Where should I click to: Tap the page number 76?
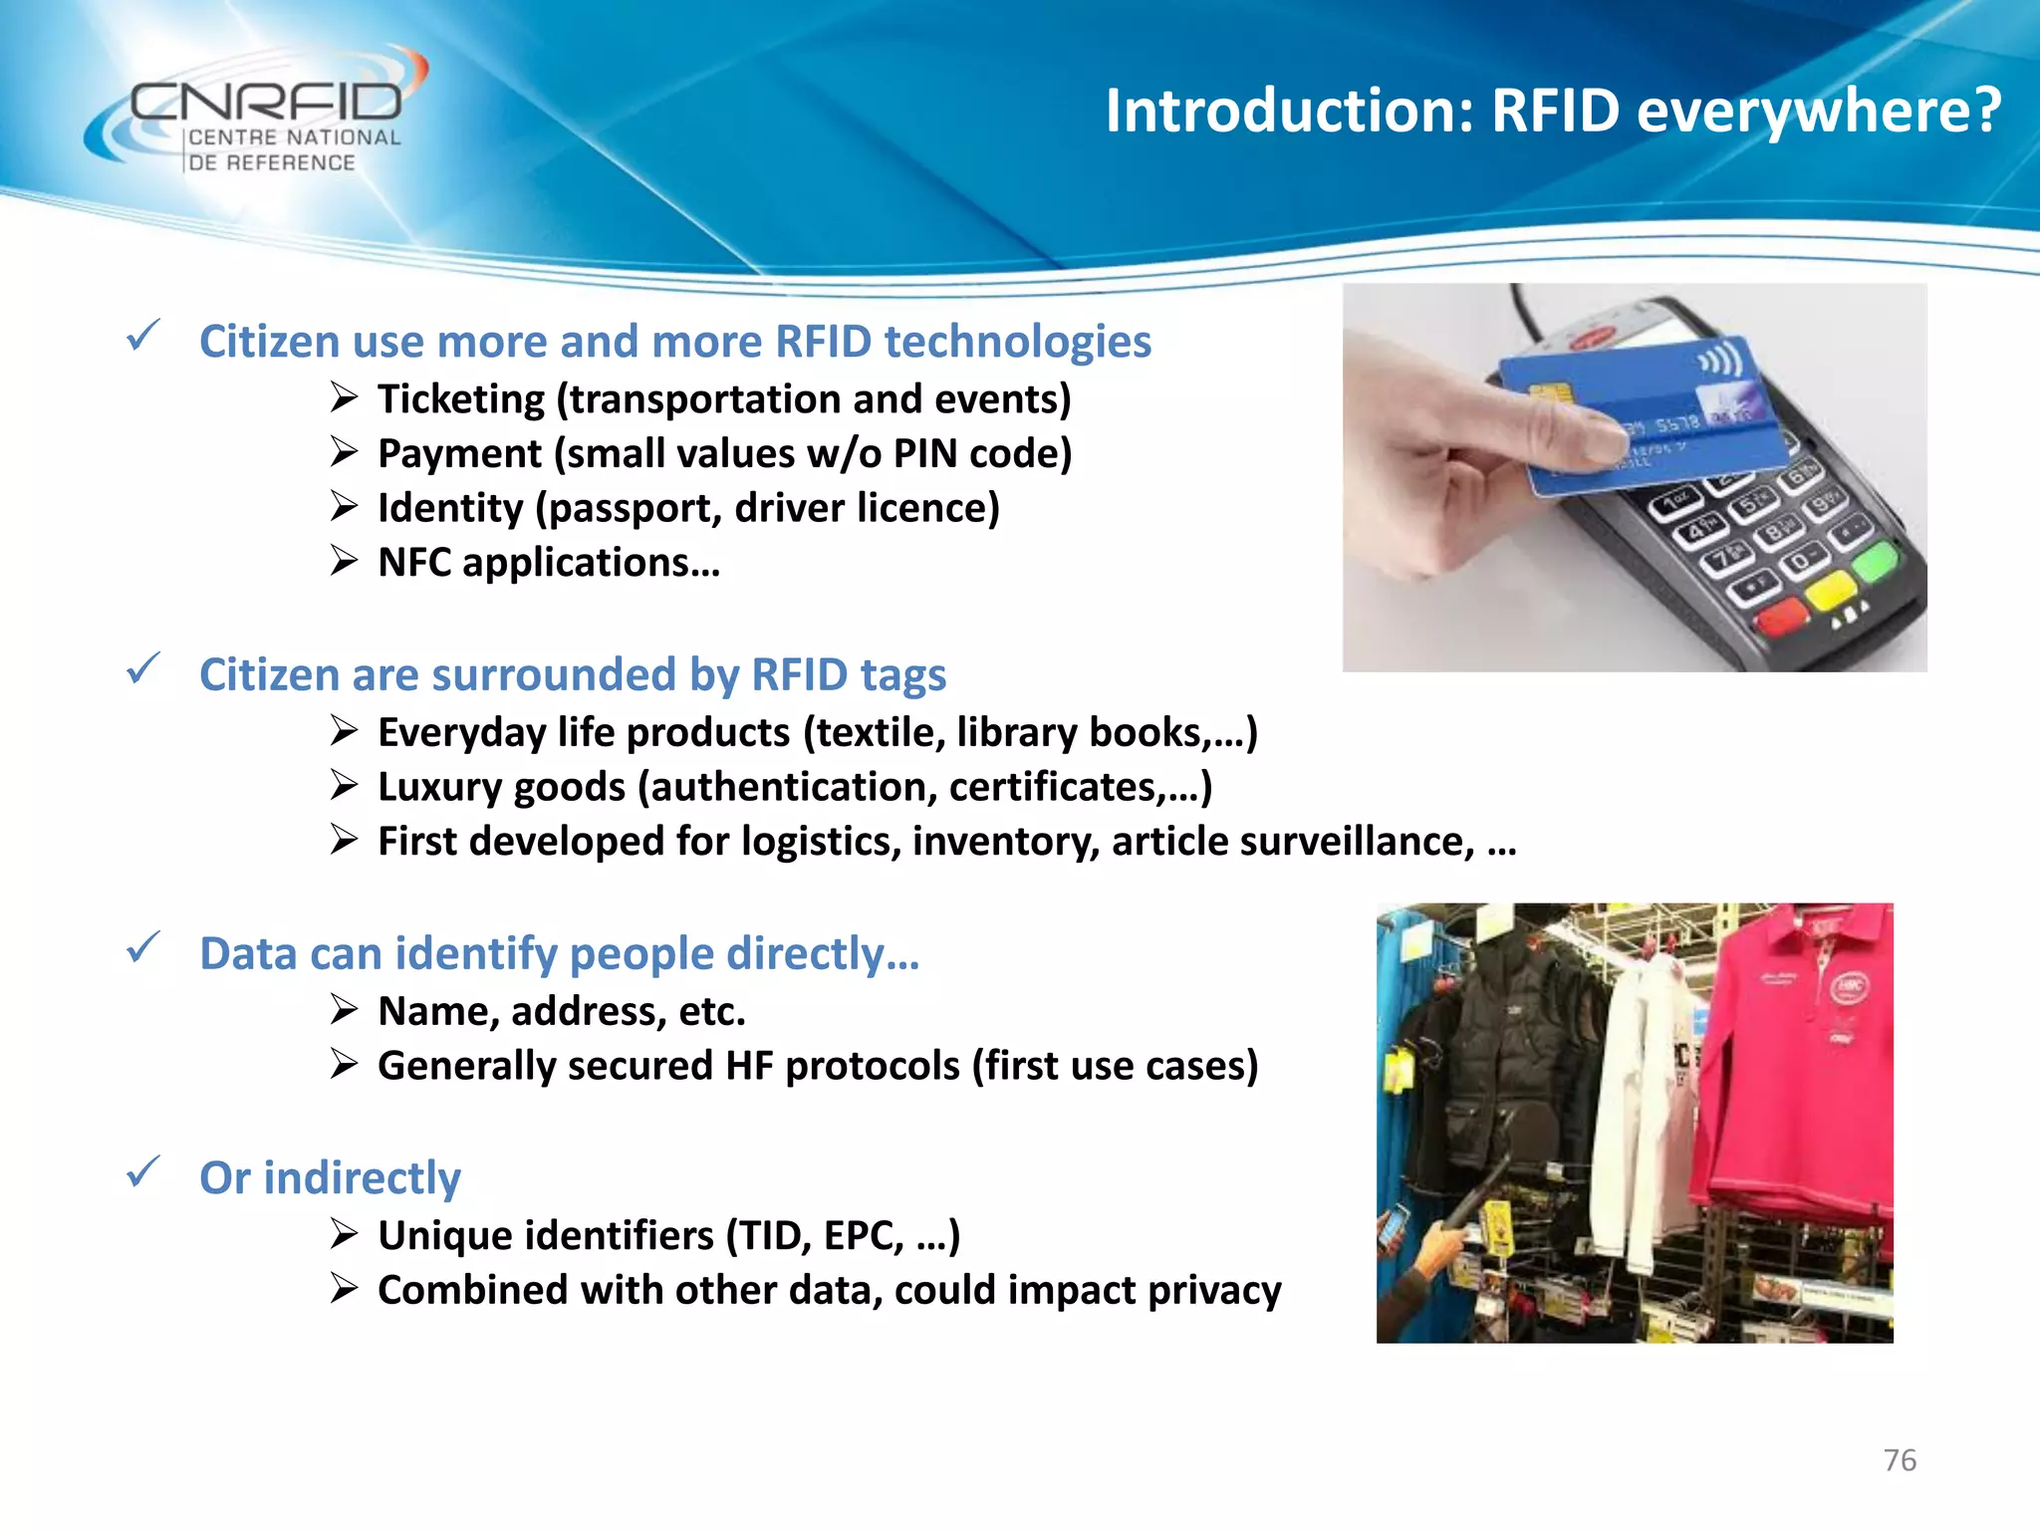[1900, 1460]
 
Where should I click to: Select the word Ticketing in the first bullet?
[461, 399]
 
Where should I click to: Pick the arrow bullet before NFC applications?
[344, 562]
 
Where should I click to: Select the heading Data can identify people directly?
[559, 954]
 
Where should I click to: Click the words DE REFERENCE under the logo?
[271, 162]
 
